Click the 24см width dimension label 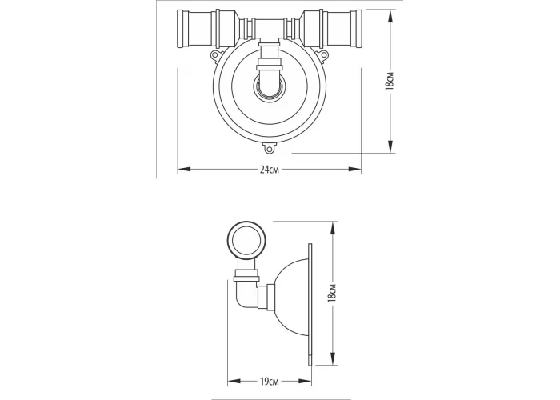click(x=270, y=170)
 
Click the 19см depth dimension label click(x=270, y=382)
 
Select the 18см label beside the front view click(x=390, y=81)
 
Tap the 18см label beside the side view click(x=333, y=293)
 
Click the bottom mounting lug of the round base click(x=270, y=148)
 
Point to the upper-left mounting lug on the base click(x=215, y=54)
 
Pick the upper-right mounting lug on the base click(x=323, y=54)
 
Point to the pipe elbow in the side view click(x=246, y=294)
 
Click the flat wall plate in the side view click(x=310, y=305)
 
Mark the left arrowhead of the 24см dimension click(x=184, y=170)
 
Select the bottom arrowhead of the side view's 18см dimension click(x=333, y=358)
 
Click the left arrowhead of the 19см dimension click(x=234, y=382)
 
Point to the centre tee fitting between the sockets click(x=270, y=30)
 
